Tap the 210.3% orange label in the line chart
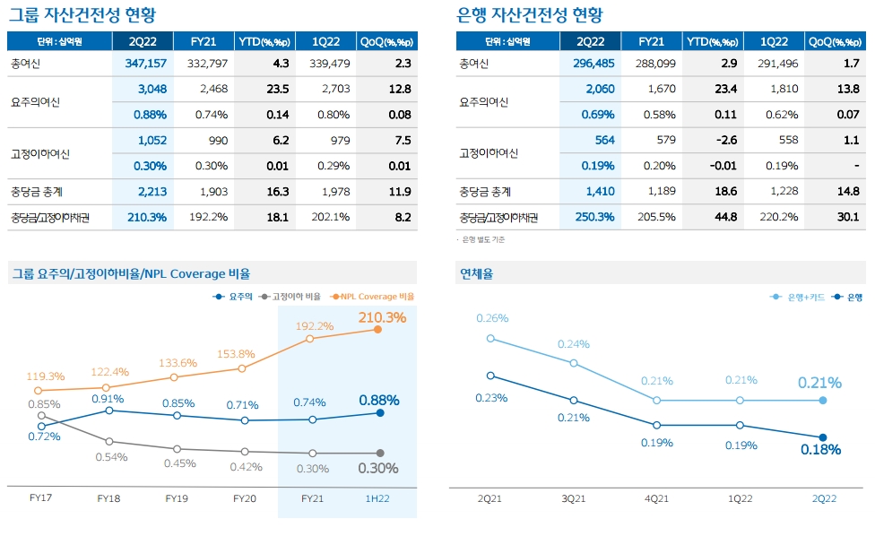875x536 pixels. [x=382, y=317]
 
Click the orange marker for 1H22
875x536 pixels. [x=378, y=330]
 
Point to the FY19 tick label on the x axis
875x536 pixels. [x=178, y=498]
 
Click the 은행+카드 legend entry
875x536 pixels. [x=798, y=297]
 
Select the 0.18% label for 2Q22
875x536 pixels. [x=821, y=450]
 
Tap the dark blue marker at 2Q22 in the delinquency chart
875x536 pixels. [x=823, y=437]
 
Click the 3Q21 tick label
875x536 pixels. [x=574, y=498]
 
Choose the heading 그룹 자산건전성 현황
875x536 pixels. [x=80, y=15]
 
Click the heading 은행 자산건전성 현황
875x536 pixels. [x=529, y=15]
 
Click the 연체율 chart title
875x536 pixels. [x=476, y=273]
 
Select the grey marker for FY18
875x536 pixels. [x=109, y=441]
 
